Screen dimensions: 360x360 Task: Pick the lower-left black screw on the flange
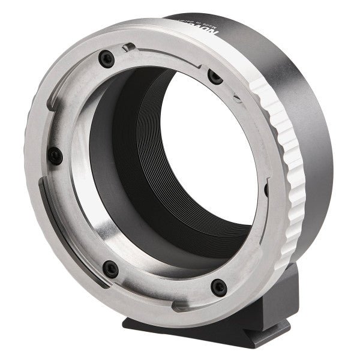click(x=110, y=268)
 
